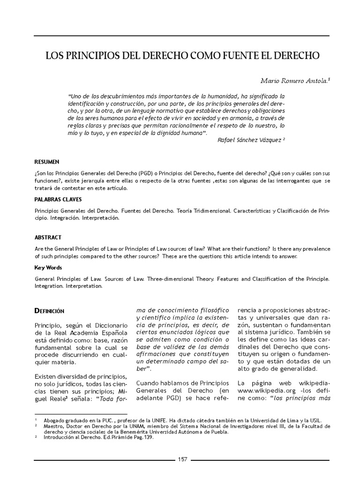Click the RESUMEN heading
tap(47, 162)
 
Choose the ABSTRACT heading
tap(48, 238)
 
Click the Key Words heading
tap(48, 268)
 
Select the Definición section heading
tap(50, 311)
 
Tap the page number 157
tap(182, 459)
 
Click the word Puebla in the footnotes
tap(217, 432)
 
